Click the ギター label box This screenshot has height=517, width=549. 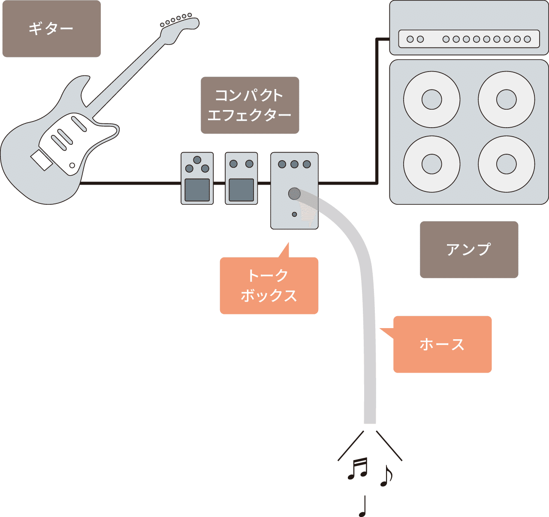(51, 29)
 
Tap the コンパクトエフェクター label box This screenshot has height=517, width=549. (250, 105)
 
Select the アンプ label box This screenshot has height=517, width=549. (469, 250)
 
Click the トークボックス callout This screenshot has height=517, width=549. (269, 286)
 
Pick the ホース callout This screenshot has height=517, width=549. (442, 344)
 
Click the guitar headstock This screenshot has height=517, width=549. (178, 28)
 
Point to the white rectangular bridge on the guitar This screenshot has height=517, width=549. (42, 161)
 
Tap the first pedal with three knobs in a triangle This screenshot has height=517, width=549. (197, 178)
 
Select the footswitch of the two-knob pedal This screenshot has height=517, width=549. (241, 190)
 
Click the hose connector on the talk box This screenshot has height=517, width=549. (294, 194)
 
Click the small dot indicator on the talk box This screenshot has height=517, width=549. (294, 214)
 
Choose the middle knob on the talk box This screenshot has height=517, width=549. (294, 164)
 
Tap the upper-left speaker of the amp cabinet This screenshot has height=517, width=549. (431, 99)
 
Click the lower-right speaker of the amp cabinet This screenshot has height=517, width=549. (506, 164)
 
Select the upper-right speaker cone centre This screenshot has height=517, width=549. (506, 99)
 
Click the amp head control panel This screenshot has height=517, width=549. (469, 39)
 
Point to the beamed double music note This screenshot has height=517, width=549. (358, 469)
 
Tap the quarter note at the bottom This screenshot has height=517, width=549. (363, 506)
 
